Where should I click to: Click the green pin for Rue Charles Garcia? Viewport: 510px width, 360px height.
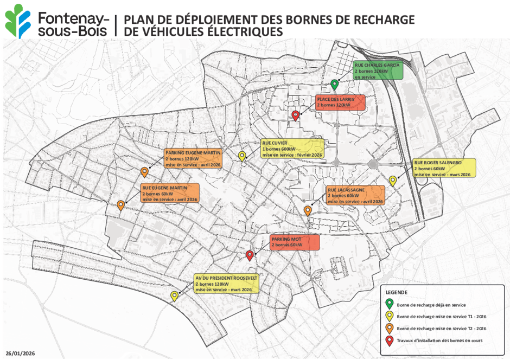tap(335, 84)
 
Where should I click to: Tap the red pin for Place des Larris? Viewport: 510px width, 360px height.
tap(296, 115)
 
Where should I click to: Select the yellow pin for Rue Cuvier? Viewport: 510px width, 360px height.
tap(243, 156)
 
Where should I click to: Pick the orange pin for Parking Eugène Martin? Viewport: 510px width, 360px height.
tap(145, 172)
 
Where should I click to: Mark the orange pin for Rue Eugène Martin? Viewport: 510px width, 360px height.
tap(121, 205)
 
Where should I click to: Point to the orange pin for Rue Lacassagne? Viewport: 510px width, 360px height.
tap(308, 210)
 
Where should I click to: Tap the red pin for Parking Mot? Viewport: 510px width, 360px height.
tap(250, 255)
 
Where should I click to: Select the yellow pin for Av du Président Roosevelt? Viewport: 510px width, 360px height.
tap(175, 295)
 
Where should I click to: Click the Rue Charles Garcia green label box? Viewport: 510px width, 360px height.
tap(378, 70)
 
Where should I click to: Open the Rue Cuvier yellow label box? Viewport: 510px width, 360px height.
tap(292, 149)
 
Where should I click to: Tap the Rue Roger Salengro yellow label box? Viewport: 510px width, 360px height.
tap(444, 168)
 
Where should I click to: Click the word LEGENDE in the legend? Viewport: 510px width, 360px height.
tap(397, 292)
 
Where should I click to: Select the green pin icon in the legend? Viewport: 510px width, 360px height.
tap(390, 304)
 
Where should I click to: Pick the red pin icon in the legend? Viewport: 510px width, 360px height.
tap(390, 340)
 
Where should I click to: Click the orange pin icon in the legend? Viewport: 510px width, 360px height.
tap(390, 328)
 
